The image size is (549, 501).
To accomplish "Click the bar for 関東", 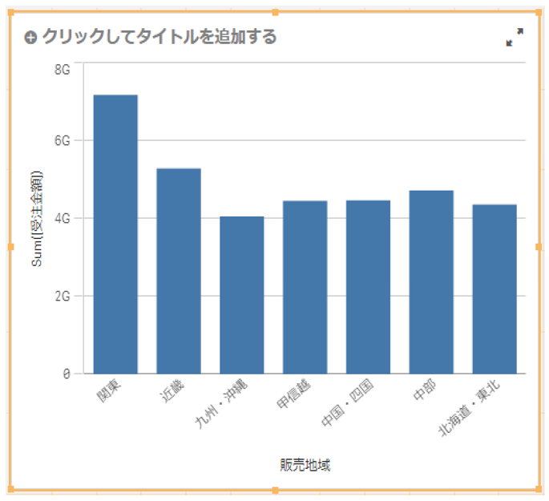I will [x=115, y=234].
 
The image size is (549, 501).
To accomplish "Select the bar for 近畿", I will [x=179, y=271].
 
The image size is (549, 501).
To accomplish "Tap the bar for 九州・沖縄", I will [x=242, y=295].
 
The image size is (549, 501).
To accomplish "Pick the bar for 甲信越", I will [x=305, y=287].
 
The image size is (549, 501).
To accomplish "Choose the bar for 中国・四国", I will [x=368, y=287].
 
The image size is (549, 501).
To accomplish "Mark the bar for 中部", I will [x=431, y=282].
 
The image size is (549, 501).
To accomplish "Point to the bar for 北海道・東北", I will [x=495, y=289].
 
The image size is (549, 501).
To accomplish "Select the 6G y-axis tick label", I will [x=63, y=140].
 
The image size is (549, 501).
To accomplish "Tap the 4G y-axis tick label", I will [x=63, y=217].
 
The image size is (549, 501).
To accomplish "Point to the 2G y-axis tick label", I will [x=63, y=295].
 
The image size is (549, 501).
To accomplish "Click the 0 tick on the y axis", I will [x=67, y=374].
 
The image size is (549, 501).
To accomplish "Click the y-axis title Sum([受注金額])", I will [x=37, y=218].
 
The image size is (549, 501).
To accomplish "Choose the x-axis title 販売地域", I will [x=305, y=466].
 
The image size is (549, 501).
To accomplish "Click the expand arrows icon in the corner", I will [x=515, y=37].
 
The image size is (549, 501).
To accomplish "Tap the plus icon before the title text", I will [x=31, y=38].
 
